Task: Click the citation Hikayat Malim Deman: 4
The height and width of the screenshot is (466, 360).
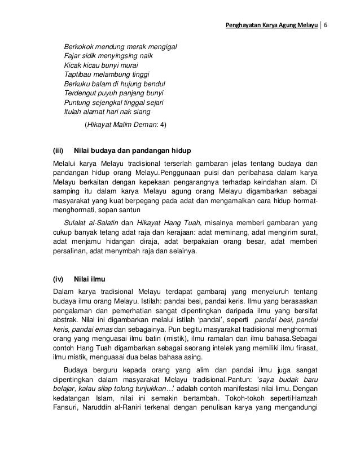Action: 125,124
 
